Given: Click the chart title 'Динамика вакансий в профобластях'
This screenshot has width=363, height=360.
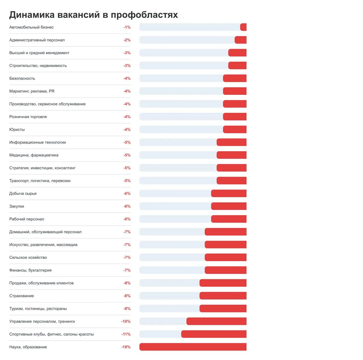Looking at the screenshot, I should click(94, 14).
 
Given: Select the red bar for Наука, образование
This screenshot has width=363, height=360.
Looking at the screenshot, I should click(193, 347).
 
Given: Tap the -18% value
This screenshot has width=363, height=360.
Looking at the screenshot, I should click(126, 347).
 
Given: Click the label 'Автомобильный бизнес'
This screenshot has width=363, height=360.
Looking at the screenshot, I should click(31, 27).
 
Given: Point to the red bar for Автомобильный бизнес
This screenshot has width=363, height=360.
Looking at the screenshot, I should click(243, 27).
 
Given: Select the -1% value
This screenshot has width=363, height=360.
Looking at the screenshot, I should click(127, 27).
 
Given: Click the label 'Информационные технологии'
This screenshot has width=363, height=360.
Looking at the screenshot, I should click(37, 142).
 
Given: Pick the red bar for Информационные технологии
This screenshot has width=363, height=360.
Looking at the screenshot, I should click(231, 142).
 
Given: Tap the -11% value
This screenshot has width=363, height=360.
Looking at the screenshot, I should click(126, 334).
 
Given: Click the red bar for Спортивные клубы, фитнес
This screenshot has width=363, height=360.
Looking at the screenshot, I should click(214, 334).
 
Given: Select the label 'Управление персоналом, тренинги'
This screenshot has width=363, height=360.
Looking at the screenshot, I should click(42, 321).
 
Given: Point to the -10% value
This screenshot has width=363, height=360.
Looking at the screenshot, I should click(126, 321).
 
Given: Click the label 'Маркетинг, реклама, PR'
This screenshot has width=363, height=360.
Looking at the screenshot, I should click(32, 91).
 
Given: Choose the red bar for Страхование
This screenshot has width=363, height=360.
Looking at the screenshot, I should click(223, 296).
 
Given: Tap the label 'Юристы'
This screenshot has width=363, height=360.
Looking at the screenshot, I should click(17, 129).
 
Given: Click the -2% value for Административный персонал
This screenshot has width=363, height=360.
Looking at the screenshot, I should click(127, 40).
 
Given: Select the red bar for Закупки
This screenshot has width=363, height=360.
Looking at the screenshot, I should click(229, 206).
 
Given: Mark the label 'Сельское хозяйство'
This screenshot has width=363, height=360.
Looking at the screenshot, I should click(28, 258).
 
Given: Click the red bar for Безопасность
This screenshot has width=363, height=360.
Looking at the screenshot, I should click(235, 78).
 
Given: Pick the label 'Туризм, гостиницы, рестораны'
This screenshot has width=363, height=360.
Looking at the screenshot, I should click(38, 309).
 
